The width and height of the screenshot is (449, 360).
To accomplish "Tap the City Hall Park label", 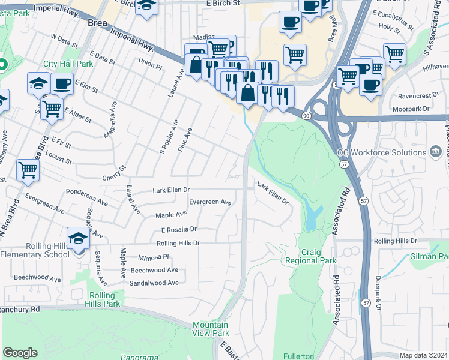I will click(68, 64).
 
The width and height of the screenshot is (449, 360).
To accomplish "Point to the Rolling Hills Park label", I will click(106, 300).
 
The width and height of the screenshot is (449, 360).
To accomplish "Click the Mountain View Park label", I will click(211, 328).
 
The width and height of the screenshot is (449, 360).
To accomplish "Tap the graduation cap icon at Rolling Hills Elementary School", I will click(78, 239).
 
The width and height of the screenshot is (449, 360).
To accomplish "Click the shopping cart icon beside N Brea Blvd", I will click(28, 170).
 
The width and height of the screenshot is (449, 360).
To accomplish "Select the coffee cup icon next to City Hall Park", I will click(62, 84).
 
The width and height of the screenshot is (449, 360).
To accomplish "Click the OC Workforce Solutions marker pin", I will click(436, 152).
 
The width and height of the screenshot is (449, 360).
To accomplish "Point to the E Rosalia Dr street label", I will click(179, 229).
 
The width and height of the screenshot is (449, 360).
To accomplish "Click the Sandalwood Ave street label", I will click(154, 283).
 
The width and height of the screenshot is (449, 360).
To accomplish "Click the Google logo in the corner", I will click(20, 353).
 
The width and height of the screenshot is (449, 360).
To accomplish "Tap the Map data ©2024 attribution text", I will click(424, 355).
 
